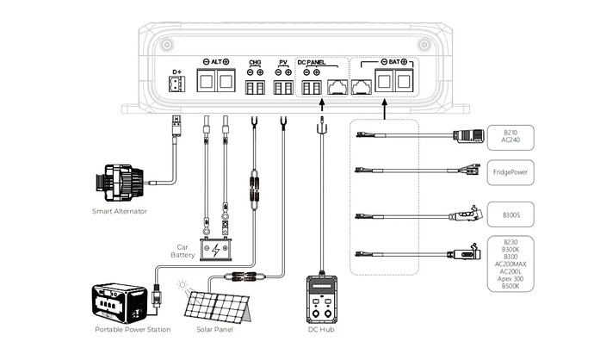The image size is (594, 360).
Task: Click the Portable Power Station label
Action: click(133, 330)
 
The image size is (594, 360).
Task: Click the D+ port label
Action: click(177, 71)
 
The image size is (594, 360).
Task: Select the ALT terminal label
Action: click(214, 62)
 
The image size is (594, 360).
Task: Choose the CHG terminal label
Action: click(255, 62)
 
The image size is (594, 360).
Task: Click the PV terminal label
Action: click(282, 62)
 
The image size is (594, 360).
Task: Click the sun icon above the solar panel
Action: click(183, 283)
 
